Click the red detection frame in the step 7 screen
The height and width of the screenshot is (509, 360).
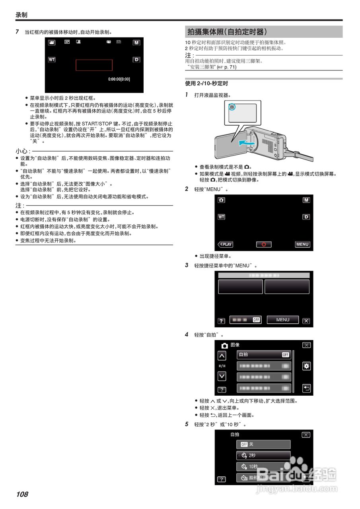94,65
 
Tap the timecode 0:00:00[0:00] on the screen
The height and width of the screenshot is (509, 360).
119,79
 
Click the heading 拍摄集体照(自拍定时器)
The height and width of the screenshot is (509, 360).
227,32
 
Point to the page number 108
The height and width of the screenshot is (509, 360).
22,494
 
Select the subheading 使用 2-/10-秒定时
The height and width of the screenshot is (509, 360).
206,84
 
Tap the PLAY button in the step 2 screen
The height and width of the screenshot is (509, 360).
225,244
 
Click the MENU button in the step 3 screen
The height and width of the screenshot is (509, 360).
283,320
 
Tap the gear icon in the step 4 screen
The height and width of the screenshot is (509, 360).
306,366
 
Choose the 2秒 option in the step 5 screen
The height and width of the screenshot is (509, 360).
263,455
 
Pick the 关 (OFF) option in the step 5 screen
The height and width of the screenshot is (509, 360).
263,444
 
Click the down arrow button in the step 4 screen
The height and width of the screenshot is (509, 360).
222,376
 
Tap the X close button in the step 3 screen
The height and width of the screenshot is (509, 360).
306,321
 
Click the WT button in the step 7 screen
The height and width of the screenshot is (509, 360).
52,60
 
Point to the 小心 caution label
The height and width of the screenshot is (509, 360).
23,151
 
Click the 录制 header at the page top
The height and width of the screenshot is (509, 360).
21,15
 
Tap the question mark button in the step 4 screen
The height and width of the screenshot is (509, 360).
222,389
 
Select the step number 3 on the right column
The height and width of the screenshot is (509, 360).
187,265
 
